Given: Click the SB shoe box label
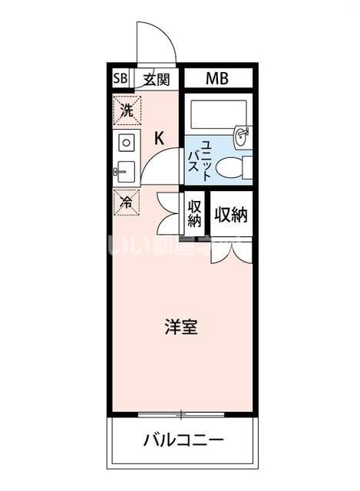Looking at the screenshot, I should [x=121, y=78].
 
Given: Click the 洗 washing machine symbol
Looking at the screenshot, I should [x=127, y=110].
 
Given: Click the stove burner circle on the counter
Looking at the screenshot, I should [x=127, y=143].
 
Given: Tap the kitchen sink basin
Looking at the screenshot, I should [x=126, y=171].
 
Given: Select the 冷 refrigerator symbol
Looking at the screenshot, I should [x=126, y=203].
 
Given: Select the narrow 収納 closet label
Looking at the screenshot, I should [x=194, y=214].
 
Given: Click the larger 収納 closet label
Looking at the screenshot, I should [x=231, y=215].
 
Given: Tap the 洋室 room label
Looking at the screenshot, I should [x=181, y=327].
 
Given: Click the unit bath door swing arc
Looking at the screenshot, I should [x=162, y=165].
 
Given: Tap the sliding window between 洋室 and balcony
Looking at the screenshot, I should [x=181, y=415].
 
